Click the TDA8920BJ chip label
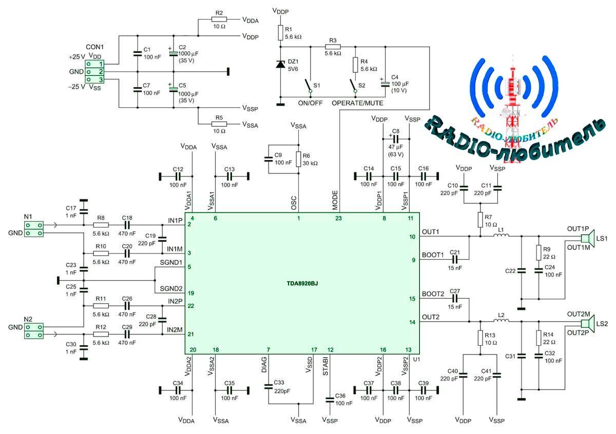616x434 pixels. pyautogui.click(x=302, y=283)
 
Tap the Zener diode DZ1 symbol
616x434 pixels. pyautogui.click(x=280, y=65)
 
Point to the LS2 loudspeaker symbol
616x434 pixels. pyautogui.click(x=585, y=323)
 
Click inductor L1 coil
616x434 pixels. pyautogui.click(x=502, y=236)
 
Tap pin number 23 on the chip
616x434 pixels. pyautogui.click(x=338, y=218)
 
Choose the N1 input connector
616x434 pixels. pyautogui.click(x=33, y=229)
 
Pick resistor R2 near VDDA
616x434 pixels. pyautogui.click(x=219, y=21)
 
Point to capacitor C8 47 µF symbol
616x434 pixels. pyautogui.click(x=396, y=139)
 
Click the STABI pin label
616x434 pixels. pyautogui.click(x=326, y=368)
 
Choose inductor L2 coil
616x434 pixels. pyautogui.click(x=502, y=322)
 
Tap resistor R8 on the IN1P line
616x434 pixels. pyautogui.click(x=101, y=225)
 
